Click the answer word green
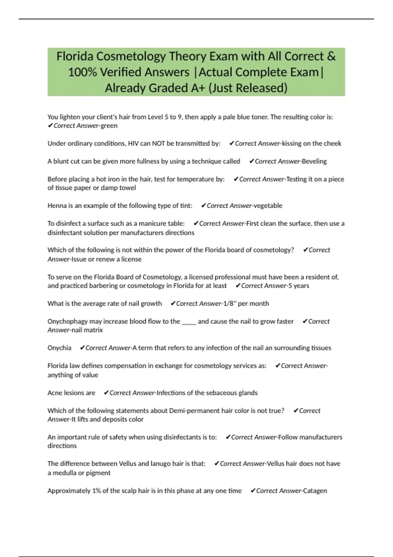(109, 126)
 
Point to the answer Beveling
(314, 161)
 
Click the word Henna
(57, 206)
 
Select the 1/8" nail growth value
(229, 303)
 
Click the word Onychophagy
(67, 321)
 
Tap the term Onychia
(59, 348)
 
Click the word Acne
(55, 393)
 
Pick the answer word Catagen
(315, 491)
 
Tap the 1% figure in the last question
(97, 491)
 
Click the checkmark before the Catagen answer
(253, 491)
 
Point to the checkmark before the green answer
(50, 126)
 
